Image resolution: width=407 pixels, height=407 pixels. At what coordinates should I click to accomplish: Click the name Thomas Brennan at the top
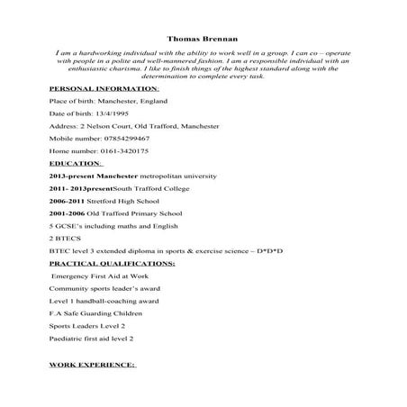coord(203,39)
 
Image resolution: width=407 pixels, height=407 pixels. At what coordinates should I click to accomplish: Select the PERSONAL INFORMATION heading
coord(104,89)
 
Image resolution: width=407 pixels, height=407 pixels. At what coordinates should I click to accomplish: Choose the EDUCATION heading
coord(77,164)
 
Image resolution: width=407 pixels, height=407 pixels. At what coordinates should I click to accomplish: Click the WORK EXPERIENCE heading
coord(92,366)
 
